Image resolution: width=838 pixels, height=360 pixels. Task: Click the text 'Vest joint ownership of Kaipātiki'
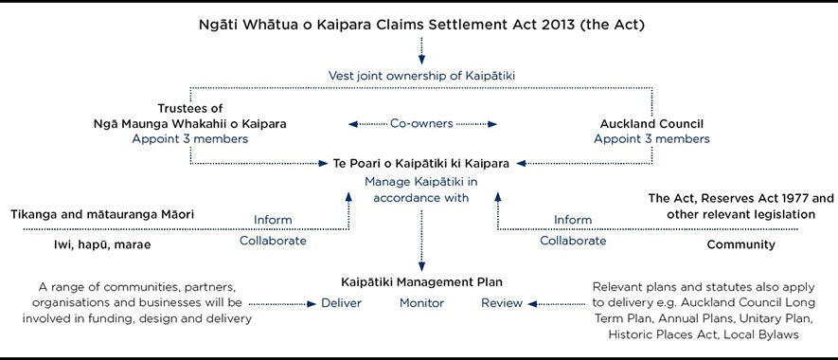pyautogui.click(x=421, y=74)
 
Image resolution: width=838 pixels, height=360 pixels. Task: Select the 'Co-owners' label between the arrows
pyautogui.click(x=421, y=123)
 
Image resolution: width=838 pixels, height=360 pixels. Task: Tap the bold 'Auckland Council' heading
pyautogui.click(x=651, y=123)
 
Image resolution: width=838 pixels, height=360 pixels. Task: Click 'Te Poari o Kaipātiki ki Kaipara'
pyautogui.click(x=421, y=163)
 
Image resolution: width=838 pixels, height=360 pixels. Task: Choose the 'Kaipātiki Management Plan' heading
pyautogui.click(x=421, y=282)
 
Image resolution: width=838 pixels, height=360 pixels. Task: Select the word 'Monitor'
pyautogui.click(x=421, y=303)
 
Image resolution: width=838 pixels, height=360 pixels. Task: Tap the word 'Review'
pyautogui.click(x=502, y=303)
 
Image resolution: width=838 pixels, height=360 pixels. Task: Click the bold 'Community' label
pyautogui.click(x=740, y=244)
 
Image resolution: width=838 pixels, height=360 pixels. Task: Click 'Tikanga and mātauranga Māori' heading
pyautogui.click(x=102, y=215)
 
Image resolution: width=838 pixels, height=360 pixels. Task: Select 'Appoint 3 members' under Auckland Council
pyautogui.click(x=651, y=138)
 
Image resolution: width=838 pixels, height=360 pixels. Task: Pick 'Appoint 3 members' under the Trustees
pyautogui.click(x=190, y=138)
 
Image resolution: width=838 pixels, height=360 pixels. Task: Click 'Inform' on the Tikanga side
pyautogui.click(x=273, y=221)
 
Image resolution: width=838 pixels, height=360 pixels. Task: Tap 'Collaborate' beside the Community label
pyautogui.click(x=573, y=241)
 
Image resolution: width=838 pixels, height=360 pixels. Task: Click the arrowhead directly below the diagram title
pyautogui.click(x=421, y=60)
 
